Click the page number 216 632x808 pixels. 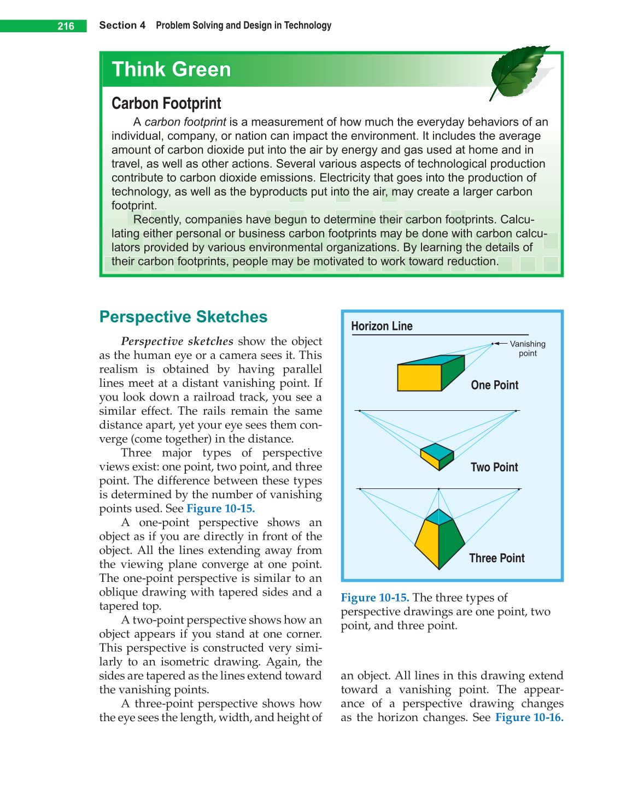tap(66, 26)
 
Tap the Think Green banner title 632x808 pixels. tap(171, 70)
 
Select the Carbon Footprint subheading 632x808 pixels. tap(166, 103)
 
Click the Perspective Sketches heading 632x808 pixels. tap(183, 317)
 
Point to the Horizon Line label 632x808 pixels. tap(382, 326)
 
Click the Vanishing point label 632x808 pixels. tap(527, 349)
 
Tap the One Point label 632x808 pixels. tap(494, 385)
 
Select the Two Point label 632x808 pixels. tap(494, 467)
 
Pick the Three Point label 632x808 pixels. tap(496, 558)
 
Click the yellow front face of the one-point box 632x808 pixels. tap(419, 378)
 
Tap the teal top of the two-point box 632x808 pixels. tap(437, 451)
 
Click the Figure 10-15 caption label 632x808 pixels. tap(374, 598)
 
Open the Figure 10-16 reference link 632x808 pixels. tap(529, 717)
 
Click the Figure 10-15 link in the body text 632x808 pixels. tap(220, 509)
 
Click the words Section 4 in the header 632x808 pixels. tap(122, 26)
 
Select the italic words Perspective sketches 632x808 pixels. tap(177, 341)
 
